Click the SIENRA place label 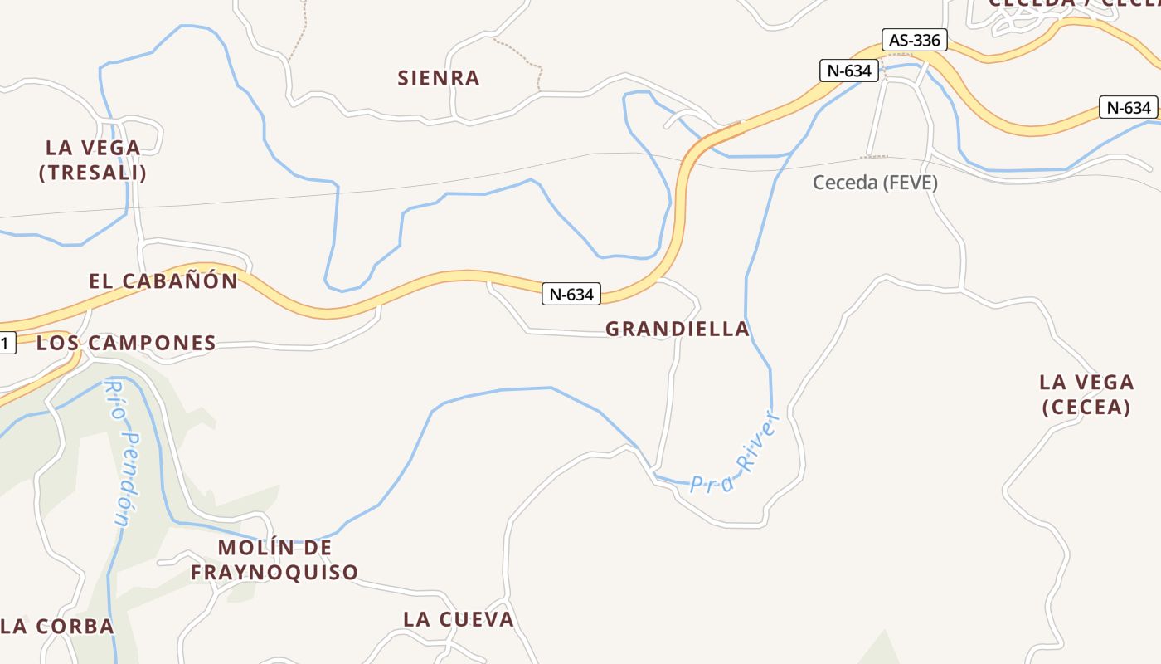tap(439, 78)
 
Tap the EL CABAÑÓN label tap(163, 281)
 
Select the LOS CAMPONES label tap(126, 343)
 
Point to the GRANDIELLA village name tap(678, 329)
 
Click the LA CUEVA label tap(459, 619)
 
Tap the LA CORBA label tap(58, 626)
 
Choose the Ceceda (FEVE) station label tap(875, 183)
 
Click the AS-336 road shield tap(915, 40)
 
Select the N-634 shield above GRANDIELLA tap(571, 294)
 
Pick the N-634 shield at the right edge tap(1128, 107)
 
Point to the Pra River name tap(736, 456)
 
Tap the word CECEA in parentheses tap(1086, 407)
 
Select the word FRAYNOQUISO tap(274, 572)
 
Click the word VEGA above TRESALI tap(109, 148)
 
